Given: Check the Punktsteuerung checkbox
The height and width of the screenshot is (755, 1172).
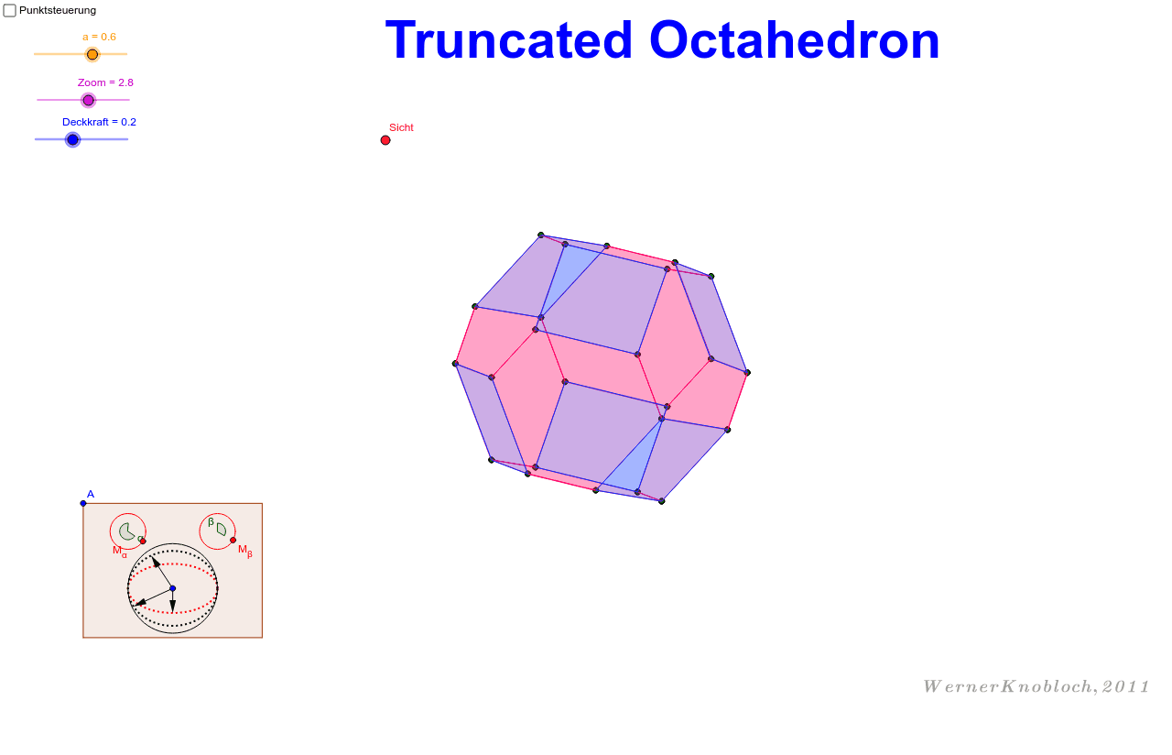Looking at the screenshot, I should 10,10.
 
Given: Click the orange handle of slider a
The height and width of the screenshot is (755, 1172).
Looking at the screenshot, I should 92,54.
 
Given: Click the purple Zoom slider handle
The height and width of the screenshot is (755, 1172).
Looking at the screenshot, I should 88,100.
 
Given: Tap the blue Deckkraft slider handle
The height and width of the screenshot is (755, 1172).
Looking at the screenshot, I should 73,139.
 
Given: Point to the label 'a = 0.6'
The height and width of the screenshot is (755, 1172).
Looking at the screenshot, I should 99,37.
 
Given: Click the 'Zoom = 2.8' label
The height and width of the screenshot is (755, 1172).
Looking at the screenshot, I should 105,82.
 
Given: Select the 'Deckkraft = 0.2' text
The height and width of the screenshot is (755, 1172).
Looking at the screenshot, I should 99,122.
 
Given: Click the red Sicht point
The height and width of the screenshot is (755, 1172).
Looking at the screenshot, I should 385,140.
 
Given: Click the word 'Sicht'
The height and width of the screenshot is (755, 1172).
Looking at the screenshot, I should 401,127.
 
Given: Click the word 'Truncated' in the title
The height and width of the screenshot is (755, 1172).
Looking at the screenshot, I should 509,40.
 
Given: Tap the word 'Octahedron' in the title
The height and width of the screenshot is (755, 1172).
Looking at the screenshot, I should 794,40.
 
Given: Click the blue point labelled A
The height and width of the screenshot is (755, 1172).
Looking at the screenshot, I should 83,503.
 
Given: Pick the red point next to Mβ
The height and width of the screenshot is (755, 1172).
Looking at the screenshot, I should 233,540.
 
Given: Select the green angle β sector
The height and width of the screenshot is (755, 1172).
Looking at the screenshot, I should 221,530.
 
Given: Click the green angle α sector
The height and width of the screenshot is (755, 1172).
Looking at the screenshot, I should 127,531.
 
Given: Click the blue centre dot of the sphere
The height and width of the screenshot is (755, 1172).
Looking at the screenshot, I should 172,588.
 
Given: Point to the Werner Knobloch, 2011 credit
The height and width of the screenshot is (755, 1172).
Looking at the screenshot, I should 1036,686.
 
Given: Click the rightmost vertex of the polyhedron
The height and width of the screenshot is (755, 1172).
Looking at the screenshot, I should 747,373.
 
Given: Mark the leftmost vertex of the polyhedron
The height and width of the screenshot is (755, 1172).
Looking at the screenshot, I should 455,364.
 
